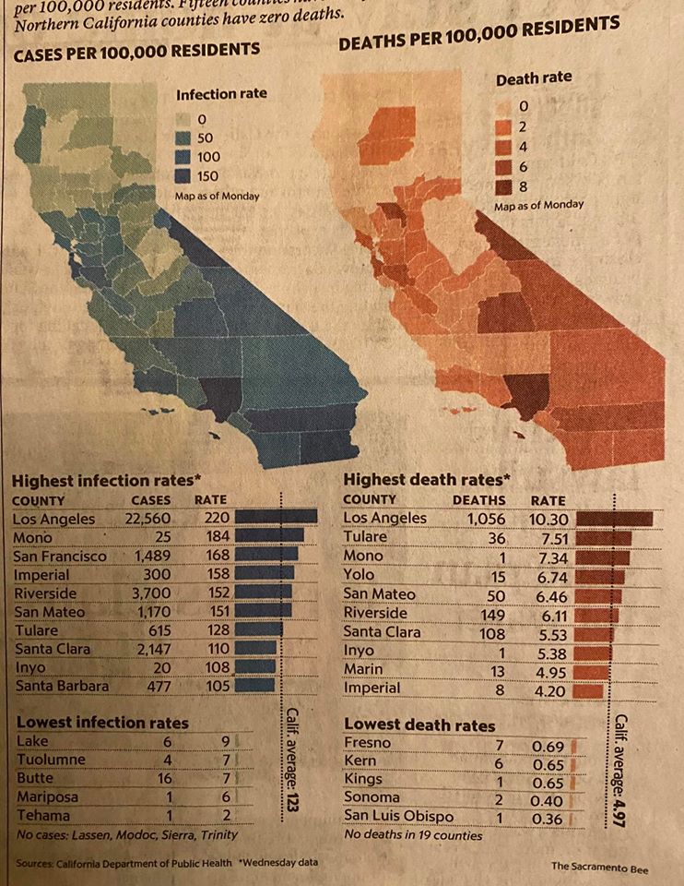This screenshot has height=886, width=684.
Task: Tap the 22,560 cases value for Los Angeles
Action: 147,519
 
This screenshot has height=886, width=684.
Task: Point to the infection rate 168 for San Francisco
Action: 212,556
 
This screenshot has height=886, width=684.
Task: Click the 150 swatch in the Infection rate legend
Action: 183,176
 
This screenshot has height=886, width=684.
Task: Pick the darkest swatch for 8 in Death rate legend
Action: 503,187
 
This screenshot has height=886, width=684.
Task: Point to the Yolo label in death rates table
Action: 359,576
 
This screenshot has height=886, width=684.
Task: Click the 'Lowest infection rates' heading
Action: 102,723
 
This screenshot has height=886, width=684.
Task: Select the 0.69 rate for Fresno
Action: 548,744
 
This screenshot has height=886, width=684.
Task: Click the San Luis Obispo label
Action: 398,816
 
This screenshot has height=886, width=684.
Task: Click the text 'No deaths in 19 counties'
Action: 412,835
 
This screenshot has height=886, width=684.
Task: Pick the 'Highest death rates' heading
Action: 427,480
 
